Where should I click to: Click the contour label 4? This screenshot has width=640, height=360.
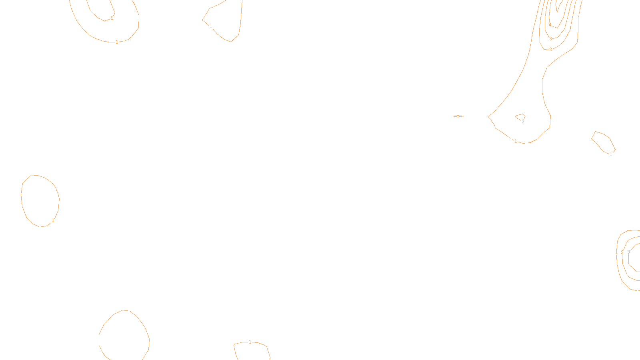[x=550, y=25]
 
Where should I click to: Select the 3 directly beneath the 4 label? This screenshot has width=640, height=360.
[x=551, y=39]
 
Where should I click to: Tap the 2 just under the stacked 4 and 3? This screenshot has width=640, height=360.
[x=550, y=50]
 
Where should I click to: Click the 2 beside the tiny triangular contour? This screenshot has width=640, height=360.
[x=523, y=122]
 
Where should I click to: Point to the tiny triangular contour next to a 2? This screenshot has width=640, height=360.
[x=520, y=117]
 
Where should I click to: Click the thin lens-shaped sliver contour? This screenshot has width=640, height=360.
[x=458, y=116]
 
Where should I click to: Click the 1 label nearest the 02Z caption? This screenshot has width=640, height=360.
[x=250, y=342]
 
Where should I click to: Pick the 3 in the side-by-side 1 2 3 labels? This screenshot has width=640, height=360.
[x=628, y=252]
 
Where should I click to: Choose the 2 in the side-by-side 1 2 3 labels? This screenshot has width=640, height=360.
[x=622, y=252]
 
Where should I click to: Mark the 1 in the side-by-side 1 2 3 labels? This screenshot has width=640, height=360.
[x=616, y=252]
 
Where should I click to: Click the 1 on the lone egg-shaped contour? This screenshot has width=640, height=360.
[x=53, y=220]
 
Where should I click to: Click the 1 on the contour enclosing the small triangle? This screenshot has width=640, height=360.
[x=516, y=141]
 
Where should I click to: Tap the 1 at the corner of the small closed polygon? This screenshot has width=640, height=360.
[x=611, y=154]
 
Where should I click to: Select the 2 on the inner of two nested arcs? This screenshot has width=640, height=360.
[x=112, y=18]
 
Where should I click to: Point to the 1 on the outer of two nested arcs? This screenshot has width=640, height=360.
[x=117, y=42]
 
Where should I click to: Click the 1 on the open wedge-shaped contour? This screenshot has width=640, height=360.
[x=211, y=26]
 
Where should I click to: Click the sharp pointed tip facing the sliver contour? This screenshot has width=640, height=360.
[x=488, y=116]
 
